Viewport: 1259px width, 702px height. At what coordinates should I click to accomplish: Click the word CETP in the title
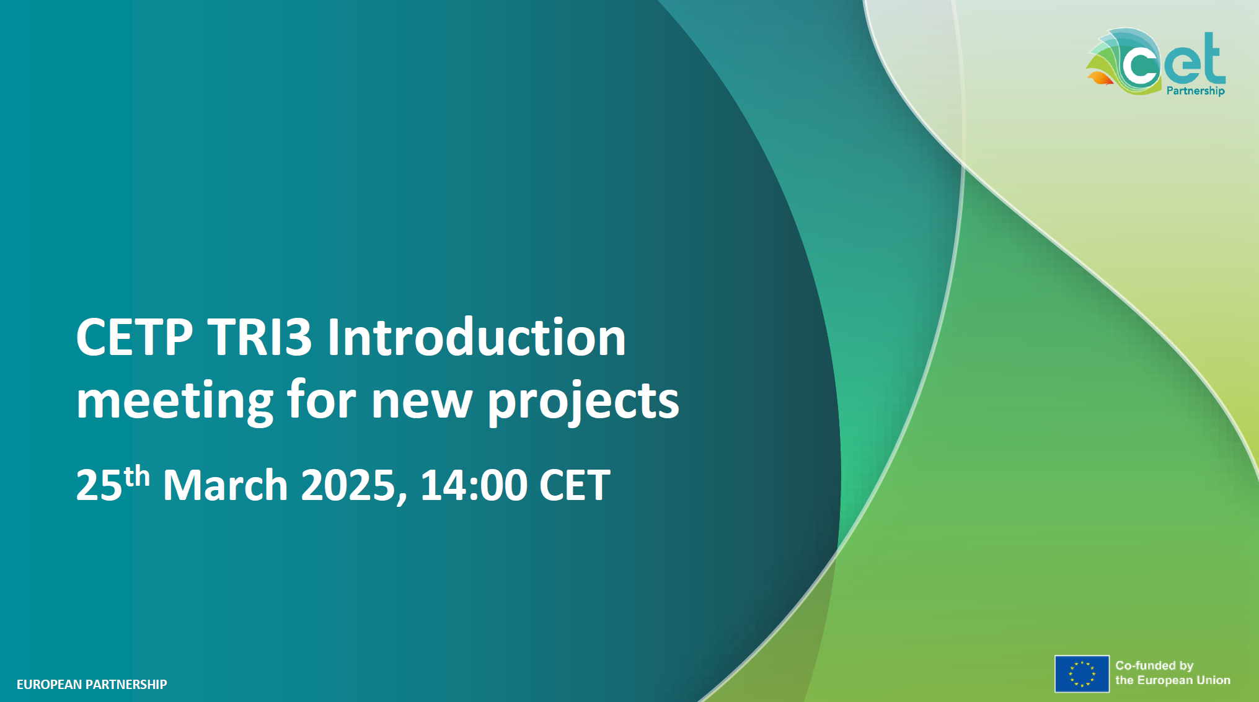pos(135,337)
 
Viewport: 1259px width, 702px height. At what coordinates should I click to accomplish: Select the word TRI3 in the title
pos(260,337)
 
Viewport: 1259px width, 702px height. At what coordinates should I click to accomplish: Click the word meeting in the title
pos(175,401)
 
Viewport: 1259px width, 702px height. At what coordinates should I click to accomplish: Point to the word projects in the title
pos(583,401)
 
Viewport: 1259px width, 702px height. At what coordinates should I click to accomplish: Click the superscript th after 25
pos(136,476)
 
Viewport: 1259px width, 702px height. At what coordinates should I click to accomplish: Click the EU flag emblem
pos(1082,673)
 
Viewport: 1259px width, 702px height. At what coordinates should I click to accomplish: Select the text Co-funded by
pos(1154,666)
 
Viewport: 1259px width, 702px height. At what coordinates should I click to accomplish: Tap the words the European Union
pos(1173,680)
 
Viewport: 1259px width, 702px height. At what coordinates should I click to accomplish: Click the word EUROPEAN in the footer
pos(49,685)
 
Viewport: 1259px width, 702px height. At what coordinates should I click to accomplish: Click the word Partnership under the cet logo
pos(1195,91)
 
